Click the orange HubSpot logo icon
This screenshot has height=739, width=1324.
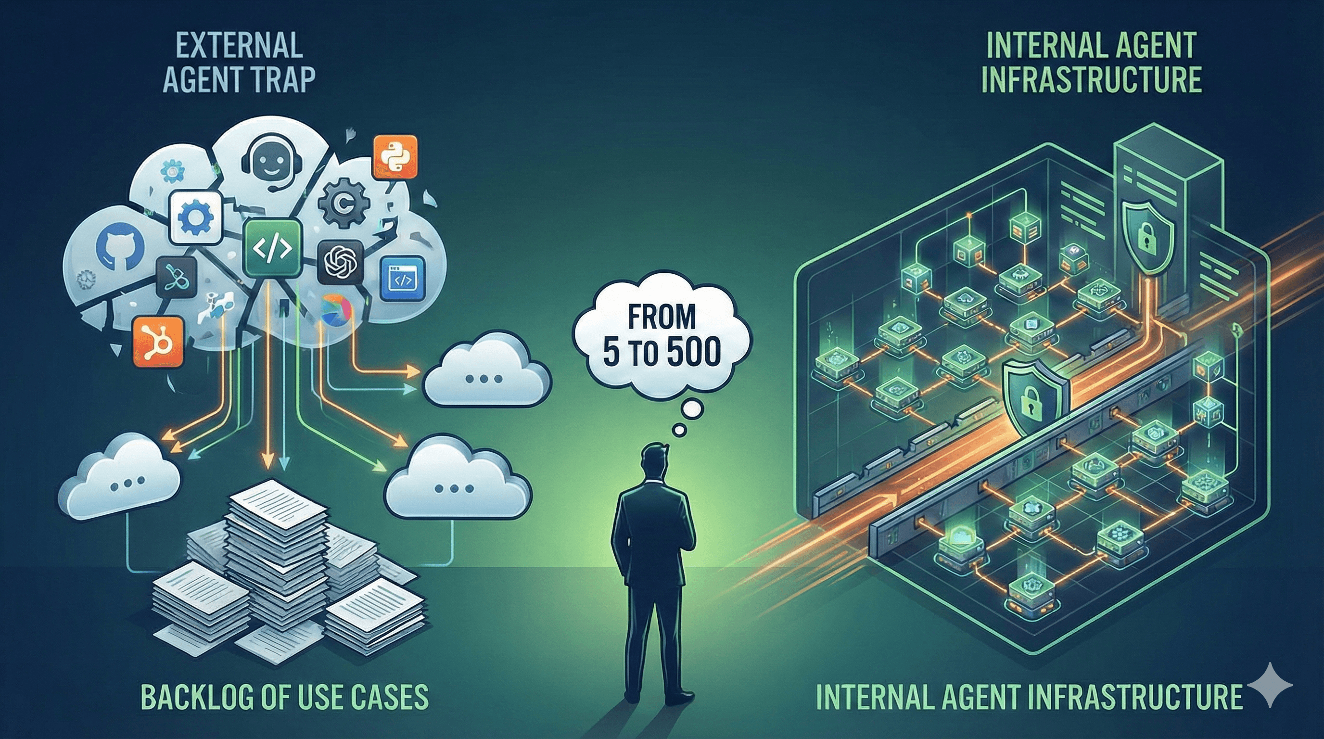[x=158, y=341]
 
